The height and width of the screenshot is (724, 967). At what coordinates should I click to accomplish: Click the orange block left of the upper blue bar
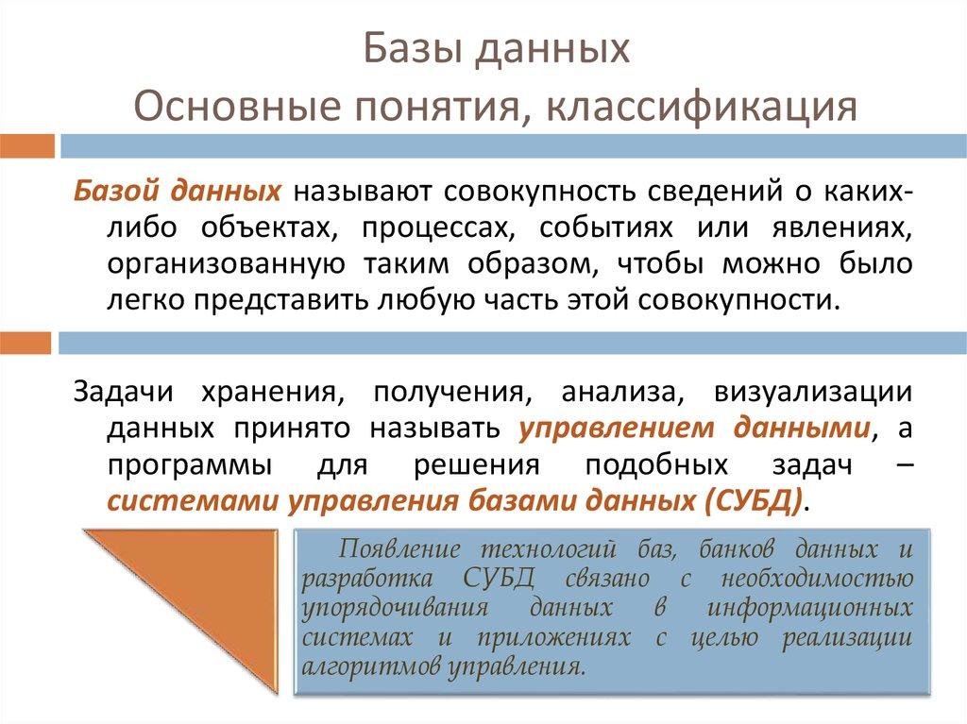tap(26, 145)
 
